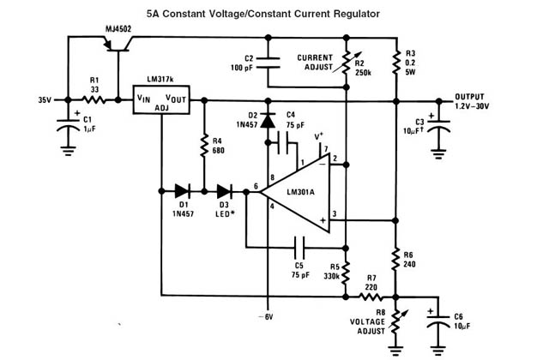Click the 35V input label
(46, 99)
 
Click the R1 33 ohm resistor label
(96, 86)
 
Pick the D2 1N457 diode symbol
(267, 122)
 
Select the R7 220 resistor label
(371, 283)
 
